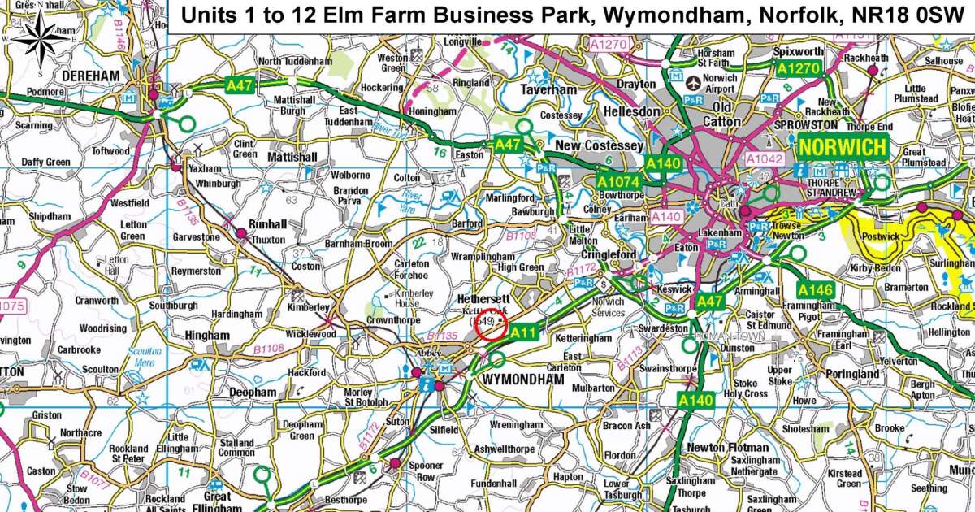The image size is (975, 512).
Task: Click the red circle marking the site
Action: point(491,325)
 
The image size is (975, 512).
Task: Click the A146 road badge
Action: point(816,289)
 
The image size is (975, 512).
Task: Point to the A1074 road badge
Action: point(619,181)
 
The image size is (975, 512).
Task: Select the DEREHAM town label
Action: point(91,76)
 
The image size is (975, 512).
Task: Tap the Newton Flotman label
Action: point(727,448)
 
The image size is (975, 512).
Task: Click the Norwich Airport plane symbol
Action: point(693,82)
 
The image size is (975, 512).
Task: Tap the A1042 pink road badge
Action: point(763,159)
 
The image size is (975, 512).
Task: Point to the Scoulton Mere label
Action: point(145,358)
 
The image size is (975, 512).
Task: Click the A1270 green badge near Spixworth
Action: point(798,70)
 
